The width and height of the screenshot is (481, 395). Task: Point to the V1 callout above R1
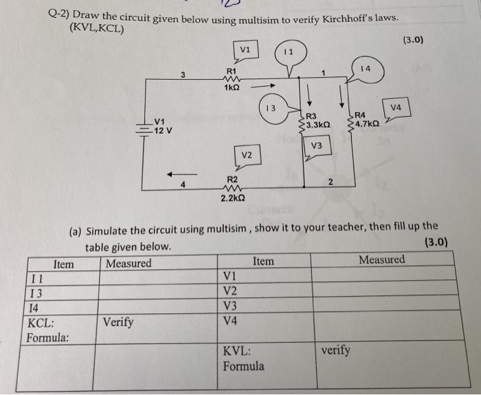pyautogui.click(x=246, y=50)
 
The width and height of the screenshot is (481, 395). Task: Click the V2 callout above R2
pyautogui.click(x=247, y=156)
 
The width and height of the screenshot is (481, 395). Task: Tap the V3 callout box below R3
pyautogui.click(x=317, y=145)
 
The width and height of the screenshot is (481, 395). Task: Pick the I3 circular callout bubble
pyautogui.click(x=271, y=109)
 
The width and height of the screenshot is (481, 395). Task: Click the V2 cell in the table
pyautogui.click(x=231, y=291)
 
